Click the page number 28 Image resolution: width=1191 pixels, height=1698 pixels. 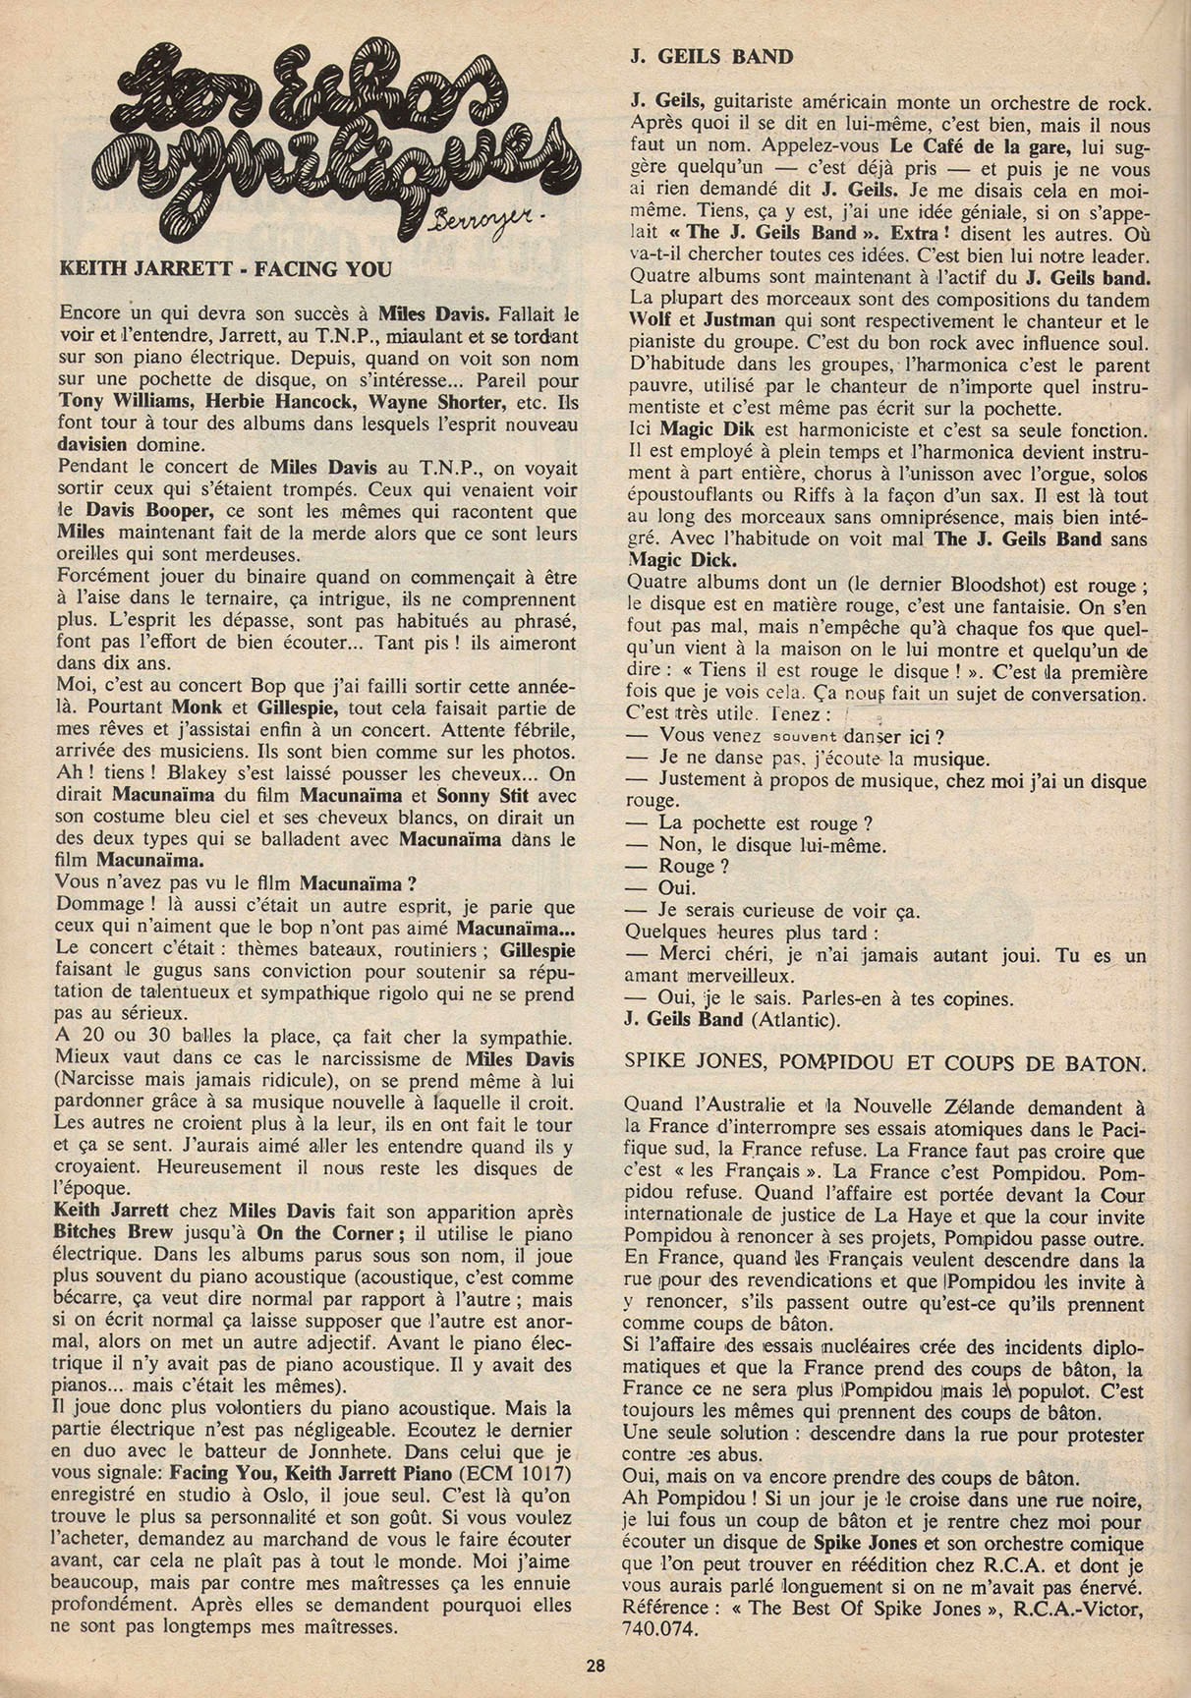(x=595, y=1665)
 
